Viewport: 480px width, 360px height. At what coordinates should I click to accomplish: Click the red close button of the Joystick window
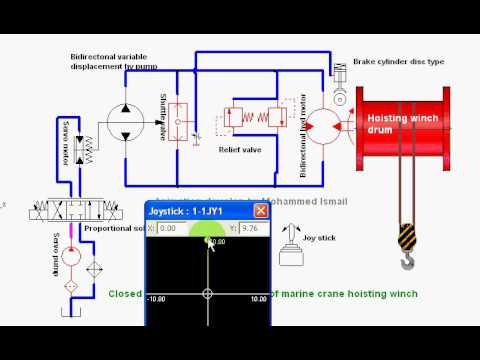pyautogui.click(x=261, y=211)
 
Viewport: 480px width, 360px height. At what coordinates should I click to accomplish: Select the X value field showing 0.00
pyautogui.click(x=178, y=228)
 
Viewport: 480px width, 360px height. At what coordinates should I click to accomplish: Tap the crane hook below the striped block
pyautogui.click(x=407, y=262)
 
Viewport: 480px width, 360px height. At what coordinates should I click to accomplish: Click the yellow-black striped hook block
pyautogui.click(x=405, y=237)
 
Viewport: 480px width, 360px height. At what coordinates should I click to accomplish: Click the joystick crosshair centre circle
pyautogui.click(x=208, y=294)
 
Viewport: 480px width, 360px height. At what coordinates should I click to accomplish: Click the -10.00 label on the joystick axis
pyautogui.click(x=157, y=298)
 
